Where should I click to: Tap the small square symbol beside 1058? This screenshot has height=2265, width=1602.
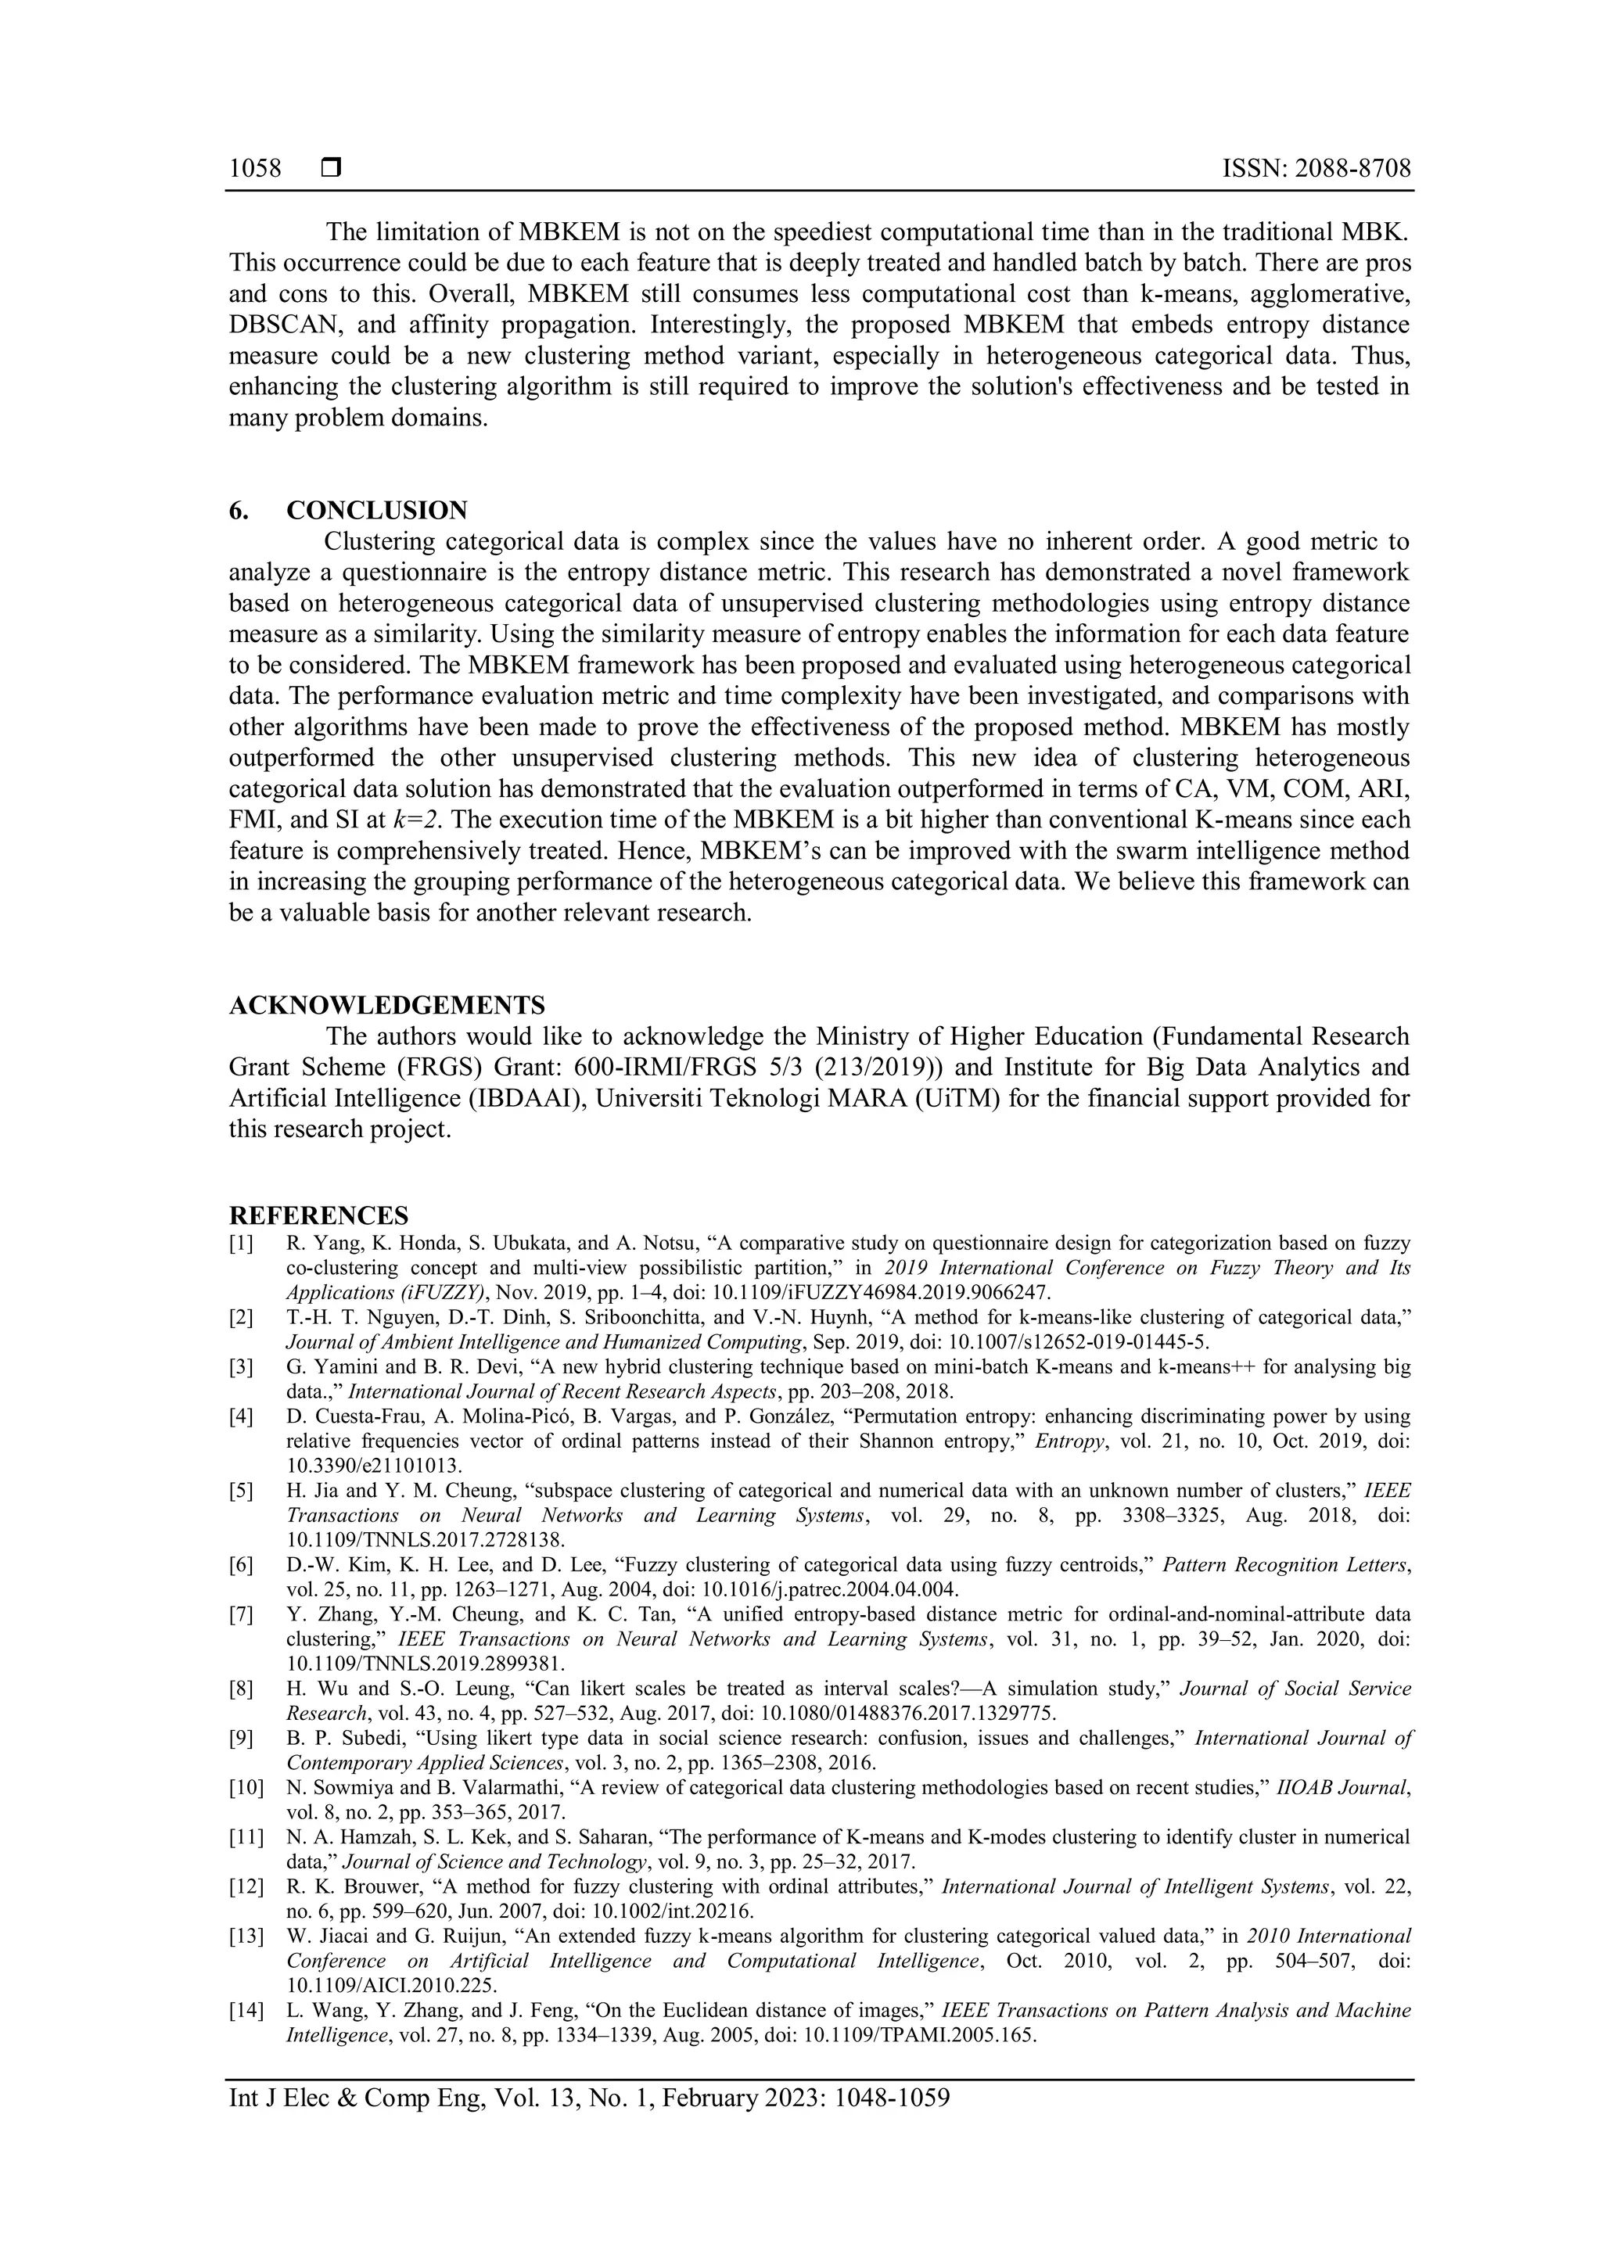pos(330,169)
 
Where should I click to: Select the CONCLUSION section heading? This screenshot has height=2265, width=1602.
pos(377,510)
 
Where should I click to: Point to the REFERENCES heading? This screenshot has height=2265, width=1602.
pos(318,1215)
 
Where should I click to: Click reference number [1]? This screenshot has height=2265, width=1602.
pos(242,1243)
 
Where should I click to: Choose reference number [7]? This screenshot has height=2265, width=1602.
pos(242,1615)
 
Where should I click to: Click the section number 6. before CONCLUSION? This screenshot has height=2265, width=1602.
pos(239,510)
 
